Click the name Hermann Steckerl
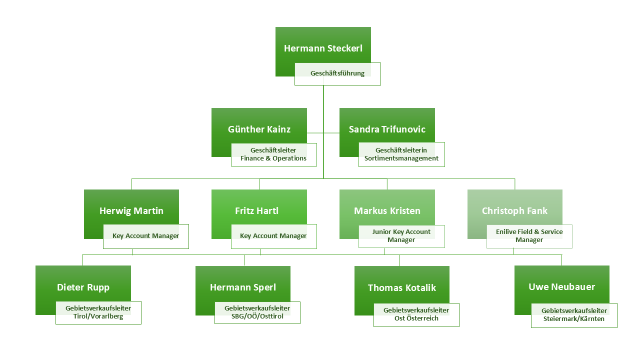point(323,48)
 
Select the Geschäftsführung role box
point(337,73)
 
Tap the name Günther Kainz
point(259,129)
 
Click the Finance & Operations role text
point(273,158)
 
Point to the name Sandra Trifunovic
point(387,129)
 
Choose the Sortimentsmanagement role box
point(401,154)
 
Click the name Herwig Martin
point(131,211)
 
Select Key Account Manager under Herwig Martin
point(146,236)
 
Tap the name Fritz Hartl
point(256,211)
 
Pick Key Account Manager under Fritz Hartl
point(273,236)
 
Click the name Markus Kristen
point(387,211)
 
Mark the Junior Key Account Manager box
point(401,236)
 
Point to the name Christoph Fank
point(514,211)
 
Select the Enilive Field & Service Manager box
point(529,236)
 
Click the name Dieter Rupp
point(83,287)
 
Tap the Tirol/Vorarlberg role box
point(98,312)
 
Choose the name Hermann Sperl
point(243,287)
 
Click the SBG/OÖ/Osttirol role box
point(257,312)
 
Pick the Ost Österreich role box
point(416,314)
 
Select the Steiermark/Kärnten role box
point(574,315)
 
